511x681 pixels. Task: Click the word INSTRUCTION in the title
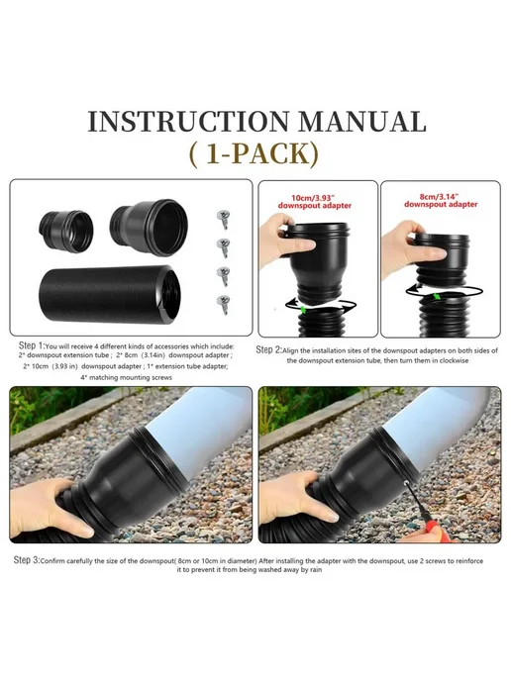coord(188,121)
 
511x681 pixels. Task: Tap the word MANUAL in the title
coord(363,121)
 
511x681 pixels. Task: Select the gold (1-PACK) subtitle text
coord(255,153)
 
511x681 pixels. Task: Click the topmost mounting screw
coord(224,219)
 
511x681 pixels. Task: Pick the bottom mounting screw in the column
coord(224,304)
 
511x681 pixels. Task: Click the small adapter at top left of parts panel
coord(66,231)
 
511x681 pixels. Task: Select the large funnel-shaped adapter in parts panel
coord(149,227)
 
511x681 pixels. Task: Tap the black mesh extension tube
coord(110,294)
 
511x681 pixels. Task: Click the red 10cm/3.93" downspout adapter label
coord(315,201)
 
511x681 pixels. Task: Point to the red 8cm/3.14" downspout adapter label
coord(441,200)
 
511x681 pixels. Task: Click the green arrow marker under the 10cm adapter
coord(303,309)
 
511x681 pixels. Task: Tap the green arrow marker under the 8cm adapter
coord(438,296)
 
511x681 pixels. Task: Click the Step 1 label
coord(32,345)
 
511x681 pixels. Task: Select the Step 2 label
coord(268,349)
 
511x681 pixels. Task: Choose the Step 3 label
coord(27,560)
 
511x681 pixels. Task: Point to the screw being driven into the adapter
coord(406,482)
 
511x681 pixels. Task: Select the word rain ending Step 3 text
coord(315,569)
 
